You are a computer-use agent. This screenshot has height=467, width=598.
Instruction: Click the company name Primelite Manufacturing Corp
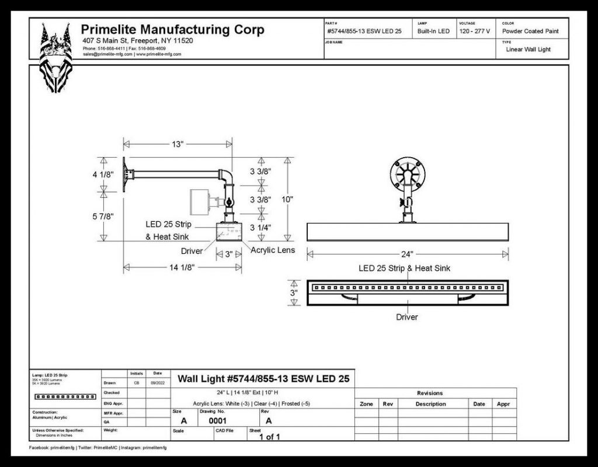(x=172, y=30)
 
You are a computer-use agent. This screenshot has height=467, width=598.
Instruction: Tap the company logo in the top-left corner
(x=55, y=56)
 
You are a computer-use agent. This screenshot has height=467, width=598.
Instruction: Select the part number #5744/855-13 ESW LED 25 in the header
(x=364, y=31)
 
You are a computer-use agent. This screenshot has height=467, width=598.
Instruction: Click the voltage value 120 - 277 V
(x=475, y=31)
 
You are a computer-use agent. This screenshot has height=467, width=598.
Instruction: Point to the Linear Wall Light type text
(x=528, y=50)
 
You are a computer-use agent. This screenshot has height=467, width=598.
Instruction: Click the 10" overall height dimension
(x=303, y=199)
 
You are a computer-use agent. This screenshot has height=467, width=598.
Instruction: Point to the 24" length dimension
(x=407, y=254)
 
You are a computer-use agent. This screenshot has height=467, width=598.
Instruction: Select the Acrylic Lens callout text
(x=273, y=250)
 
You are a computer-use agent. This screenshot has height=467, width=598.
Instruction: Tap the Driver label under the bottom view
(x=407, y=317)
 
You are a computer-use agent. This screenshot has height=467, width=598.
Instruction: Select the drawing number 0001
(x=217, y=420)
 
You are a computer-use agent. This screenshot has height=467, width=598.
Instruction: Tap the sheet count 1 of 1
(x=270, y=436)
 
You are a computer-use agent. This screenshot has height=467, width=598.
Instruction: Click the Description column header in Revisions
(x=430, y=404)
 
